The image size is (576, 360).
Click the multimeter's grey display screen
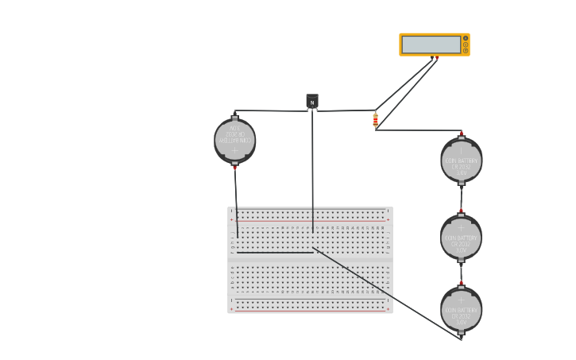[x=431, y=45]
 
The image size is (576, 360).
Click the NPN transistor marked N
[x=312, y=102]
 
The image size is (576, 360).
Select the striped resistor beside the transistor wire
[x=376, y=120]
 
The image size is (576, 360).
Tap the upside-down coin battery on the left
[x=234, y=141]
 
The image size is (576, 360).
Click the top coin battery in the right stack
[x=461, y=160]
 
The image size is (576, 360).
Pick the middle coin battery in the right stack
[x=461, y=237]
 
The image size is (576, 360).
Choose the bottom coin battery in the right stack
[x=461, y=309]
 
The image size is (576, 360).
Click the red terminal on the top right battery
[x=462, y=134]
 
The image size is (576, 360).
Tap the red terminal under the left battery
[x=234, y=168]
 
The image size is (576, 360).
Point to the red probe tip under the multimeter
[x=437, y=58]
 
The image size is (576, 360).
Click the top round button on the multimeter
[x=466, y=38]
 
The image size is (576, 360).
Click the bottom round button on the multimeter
[x=466, y=51]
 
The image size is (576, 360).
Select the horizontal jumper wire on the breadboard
[x=274, y=253]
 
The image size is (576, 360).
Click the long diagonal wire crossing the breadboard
[x=389, y=295]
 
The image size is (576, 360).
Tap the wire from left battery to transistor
[x=270, y=110]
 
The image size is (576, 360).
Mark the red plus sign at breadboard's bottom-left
[x=231, y=309]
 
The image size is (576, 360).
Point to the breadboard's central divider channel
[x=310, y=259]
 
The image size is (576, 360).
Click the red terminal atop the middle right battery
[x=461, y=211]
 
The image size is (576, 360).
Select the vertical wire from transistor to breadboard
[x=312, y=175]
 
